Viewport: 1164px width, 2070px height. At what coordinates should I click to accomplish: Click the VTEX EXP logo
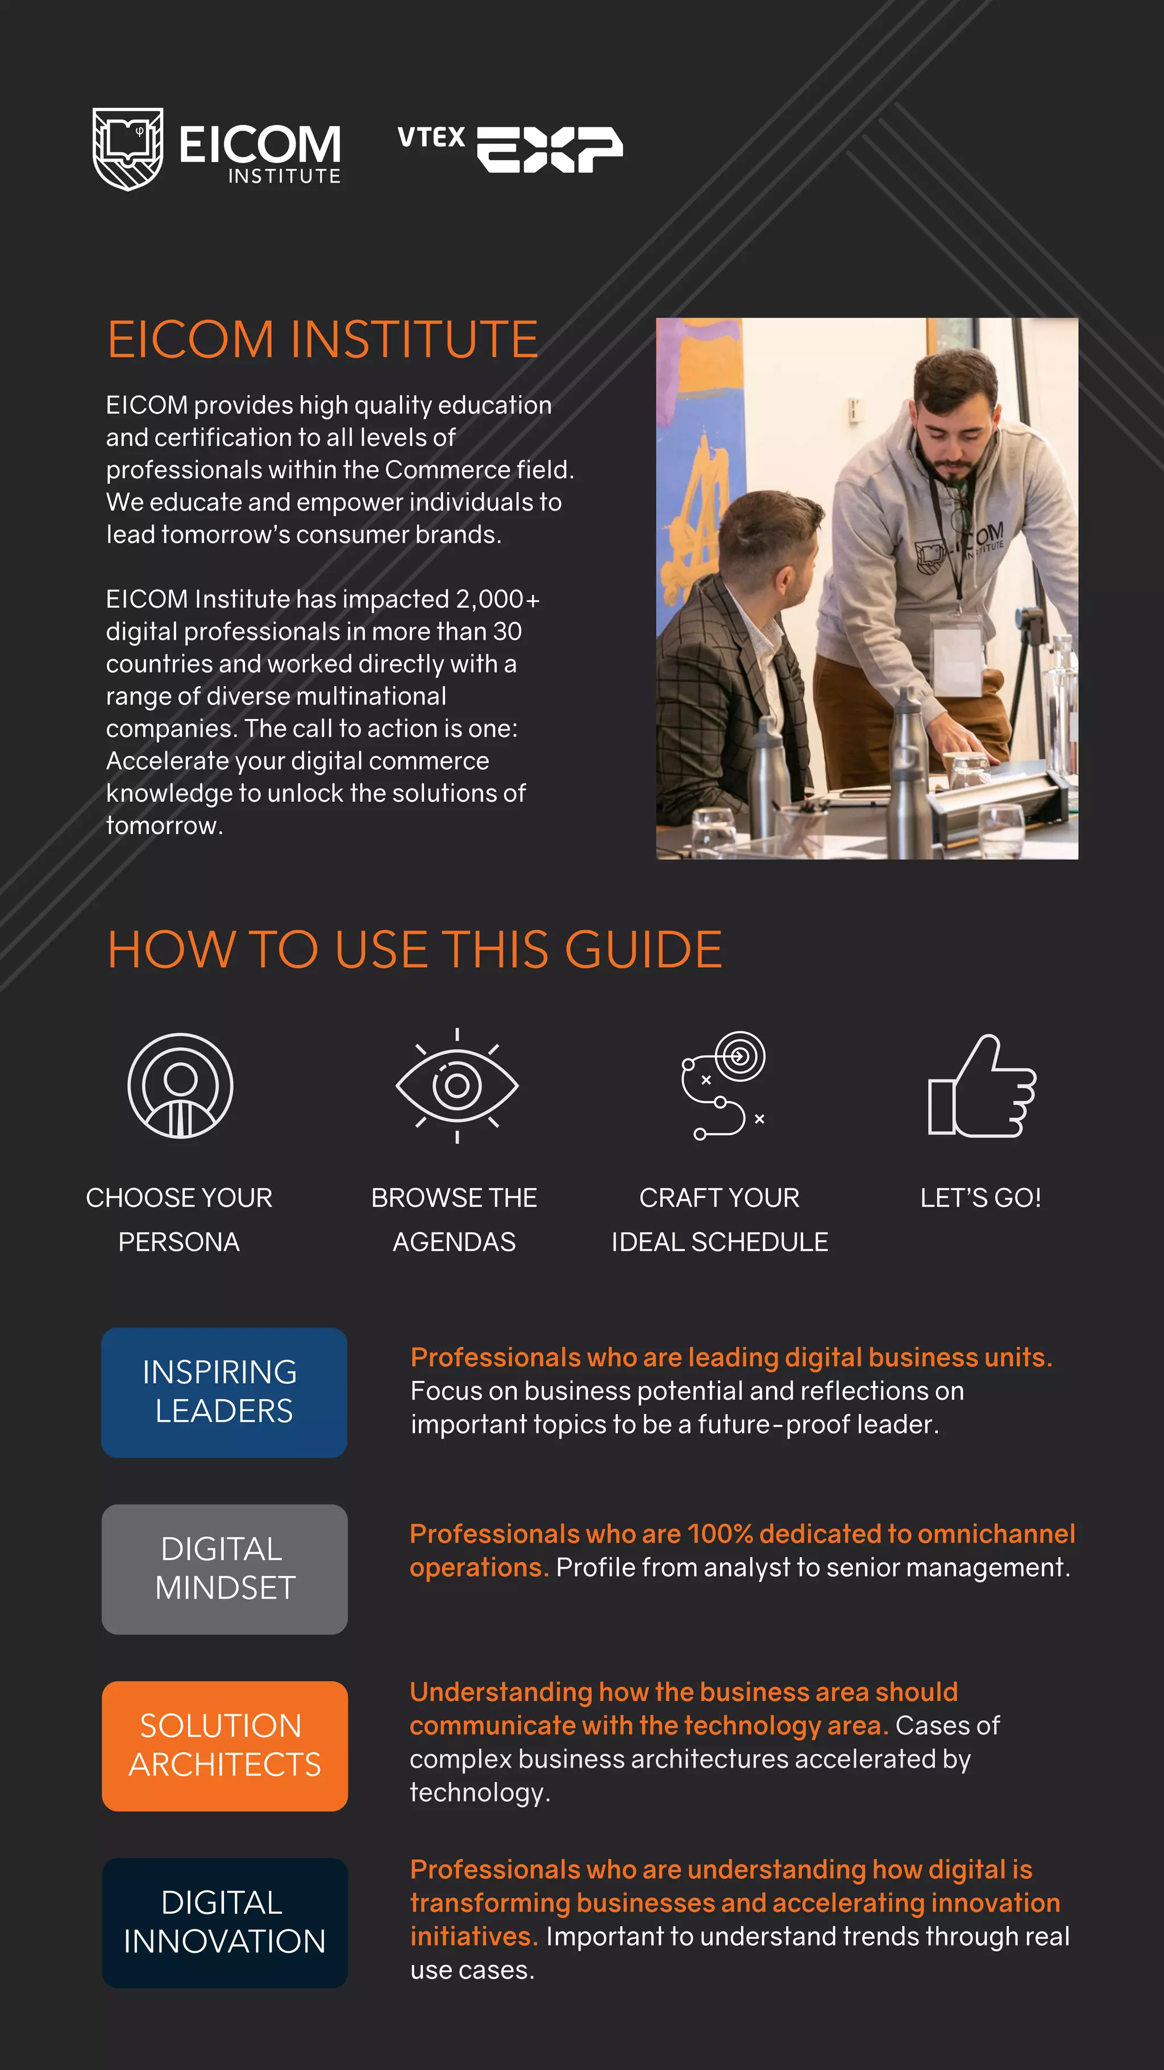510,148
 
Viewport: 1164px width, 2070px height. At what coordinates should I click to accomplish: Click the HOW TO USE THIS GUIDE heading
414,950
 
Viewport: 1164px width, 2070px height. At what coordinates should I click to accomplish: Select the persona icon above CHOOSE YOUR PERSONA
180,1086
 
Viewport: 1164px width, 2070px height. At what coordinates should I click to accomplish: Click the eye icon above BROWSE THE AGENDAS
456,1086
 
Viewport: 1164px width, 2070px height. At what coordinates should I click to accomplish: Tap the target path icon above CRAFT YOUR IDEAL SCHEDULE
723,1086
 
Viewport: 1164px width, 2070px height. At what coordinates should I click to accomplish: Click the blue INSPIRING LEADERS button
224,1392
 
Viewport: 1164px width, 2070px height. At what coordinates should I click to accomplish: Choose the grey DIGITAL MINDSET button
224,1569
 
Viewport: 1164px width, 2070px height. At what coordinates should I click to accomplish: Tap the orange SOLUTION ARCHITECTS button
224,1745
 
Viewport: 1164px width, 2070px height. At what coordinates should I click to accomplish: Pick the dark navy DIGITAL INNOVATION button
224,1922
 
